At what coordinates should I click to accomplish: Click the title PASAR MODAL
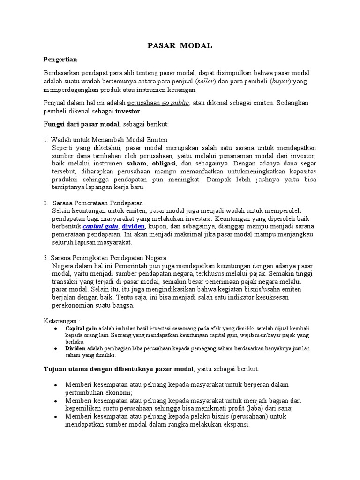[x=180, y=45]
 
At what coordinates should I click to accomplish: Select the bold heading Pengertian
[x=60, y=60]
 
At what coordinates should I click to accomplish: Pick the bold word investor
[x=128, y=112]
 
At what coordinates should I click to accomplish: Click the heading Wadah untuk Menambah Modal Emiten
[x=109, y=140]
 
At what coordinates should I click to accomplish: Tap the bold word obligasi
[x=162, y=164]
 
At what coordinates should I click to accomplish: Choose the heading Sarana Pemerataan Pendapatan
[x=97, y=203]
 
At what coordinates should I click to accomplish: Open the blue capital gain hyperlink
[x=100, y=226]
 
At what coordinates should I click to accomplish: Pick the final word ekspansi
[x=236, y=425]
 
